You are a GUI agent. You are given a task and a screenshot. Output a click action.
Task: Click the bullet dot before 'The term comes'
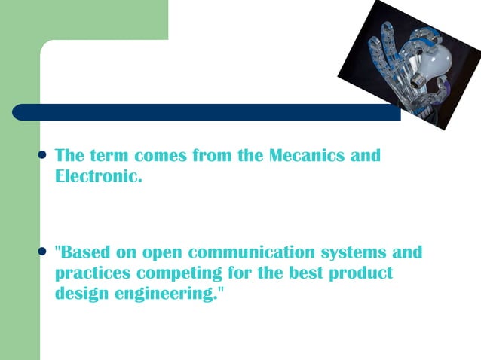tap(42, 156)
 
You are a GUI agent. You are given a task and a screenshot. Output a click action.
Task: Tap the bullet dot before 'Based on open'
tap(42, 252)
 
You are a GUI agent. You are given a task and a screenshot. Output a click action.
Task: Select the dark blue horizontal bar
tap(204, 112)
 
